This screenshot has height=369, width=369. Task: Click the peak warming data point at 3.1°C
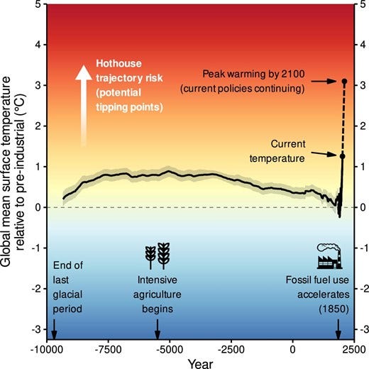coord(344,82)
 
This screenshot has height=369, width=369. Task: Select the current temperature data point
coord(342,156)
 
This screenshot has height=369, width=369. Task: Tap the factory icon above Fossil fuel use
coord(329,255)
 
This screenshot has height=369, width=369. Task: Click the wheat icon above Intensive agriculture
coord(158,254)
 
